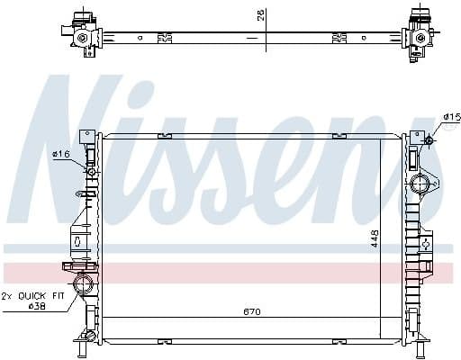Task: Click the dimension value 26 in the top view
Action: (260, 14)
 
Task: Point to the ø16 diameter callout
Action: (61, 154)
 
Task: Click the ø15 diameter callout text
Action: (450, 117)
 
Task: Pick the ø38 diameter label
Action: (35, 306)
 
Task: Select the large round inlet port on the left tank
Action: (84, 288)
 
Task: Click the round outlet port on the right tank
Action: (420, 185)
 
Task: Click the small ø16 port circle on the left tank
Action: (91, 171)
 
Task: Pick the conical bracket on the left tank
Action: (79, 238)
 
